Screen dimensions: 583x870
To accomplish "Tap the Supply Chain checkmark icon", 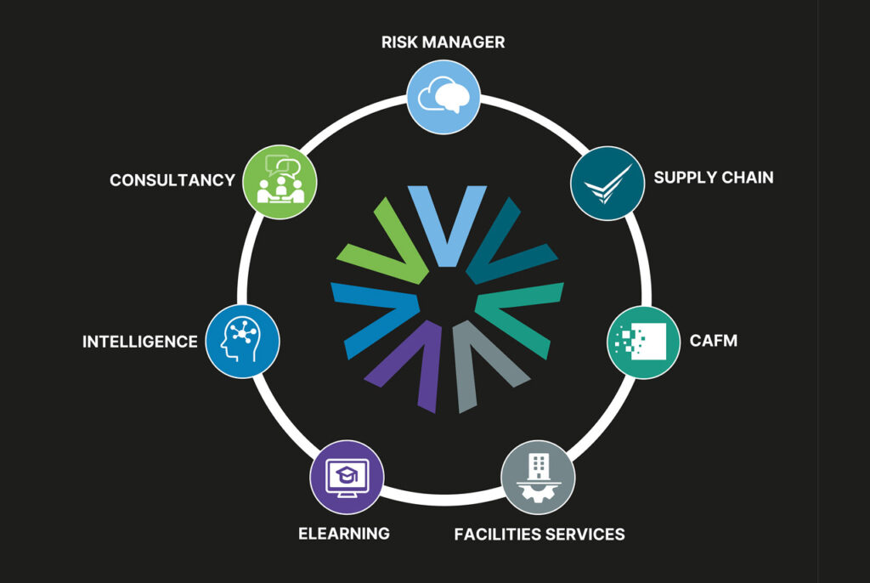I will [607, 184].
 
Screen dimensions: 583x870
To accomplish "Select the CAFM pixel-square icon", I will [643, 342].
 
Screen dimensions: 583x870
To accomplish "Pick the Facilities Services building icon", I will [537, 476].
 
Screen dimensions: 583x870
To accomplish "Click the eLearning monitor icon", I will [347, 476].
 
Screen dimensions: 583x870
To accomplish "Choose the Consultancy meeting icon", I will [280, 181].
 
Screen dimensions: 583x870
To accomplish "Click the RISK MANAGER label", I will [443, 42].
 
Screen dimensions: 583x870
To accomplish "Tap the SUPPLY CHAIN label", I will [714, 178].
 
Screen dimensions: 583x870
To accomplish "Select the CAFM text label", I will [715, 341].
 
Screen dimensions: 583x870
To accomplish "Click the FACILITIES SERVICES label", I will [540, 535].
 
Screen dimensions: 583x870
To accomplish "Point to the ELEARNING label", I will [344, 534].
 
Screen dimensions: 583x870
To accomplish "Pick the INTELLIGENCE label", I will [139, 342].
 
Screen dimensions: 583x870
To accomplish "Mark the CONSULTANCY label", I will [172, 180].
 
